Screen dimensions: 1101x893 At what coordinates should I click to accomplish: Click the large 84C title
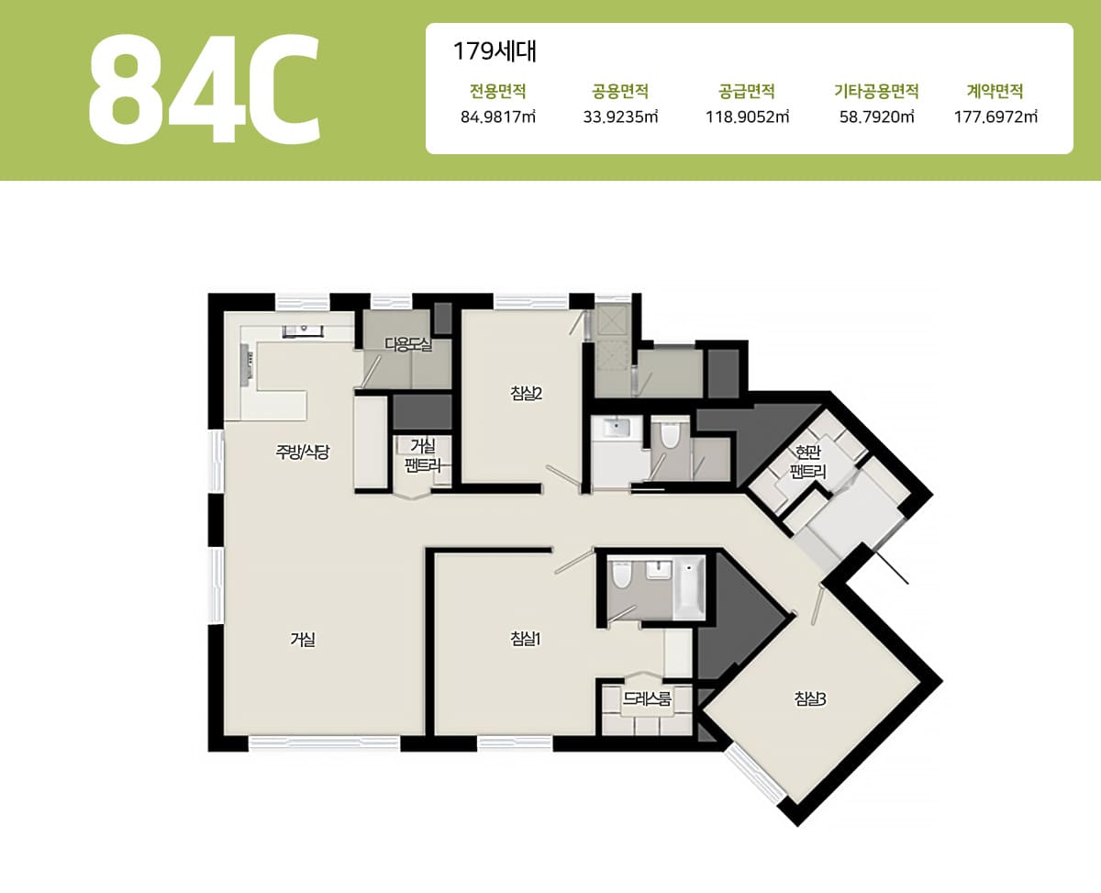coord(205,88)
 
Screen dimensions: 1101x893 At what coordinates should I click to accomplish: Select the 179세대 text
coord(495,51)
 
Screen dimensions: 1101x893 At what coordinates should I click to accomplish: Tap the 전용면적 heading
coord(498,92)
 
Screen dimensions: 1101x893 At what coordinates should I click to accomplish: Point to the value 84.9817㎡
coord(498,117)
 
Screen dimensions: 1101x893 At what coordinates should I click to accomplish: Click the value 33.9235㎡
coord(620,117)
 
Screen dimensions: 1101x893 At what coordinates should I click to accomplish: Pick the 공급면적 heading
coord(747,92)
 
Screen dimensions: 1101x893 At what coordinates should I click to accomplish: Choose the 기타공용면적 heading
coord(876,92)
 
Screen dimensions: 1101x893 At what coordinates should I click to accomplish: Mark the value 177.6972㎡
coord(995,117)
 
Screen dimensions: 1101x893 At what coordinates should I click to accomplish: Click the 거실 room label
coord(303,640)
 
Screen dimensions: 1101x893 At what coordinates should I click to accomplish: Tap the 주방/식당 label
coord(303,452)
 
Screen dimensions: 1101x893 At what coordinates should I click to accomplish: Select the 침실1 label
coord(525,639)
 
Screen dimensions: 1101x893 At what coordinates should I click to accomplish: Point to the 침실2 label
coord(527,394)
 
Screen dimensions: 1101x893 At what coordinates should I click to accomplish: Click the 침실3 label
coord(810,699)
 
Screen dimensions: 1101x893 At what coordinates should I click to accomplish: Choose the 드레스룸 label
coord(647,698)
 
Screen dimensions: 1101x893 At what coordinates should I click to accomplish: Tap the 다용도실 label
coord(408,344)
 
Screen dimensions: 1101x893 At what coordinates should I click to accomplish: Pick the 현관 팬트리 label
coord(807,462)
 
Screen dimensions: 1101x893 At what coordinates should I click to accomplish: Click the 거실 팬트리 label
coord(423,455)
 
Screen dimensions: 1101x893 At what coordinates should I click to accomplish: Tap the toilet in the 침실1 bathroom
coord(621,575)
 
